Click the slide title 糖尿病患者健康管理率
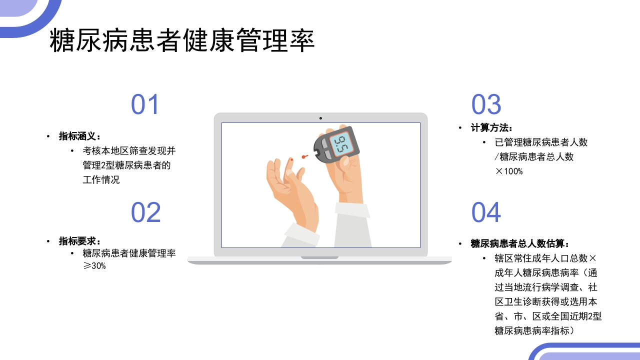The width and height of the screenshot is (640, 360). click(x=182, y=41)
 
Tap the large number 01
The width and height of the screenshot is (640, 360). click(x=145, y=105)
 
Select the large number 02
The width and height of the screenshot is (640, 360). click(x=145, y=212)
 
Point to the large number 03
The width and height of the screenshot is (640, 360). click(x=486, y=105)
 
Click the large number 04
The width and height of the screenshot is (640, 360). click(x=486, y=212)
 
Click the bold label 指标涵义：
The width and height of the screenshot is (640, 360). click(x=80, y=136)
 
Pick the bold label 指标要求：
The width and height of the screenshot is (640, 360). click(x=80, y=241)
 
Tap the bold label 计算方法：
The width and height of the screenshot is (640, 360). click(x=491, y=128)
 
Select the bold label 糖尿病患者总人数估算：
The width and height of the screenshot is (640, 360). click(x=520, y=243)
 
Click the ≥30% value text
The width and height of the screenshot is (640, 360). click(x=94, y=266)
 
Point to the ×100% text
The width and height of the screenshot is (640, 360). click(x=508, y=171)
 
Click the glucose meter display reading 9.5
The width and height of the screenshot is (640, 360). click(x=342, y=144)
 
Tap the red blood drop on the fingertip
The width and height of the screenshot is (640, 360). click(x=291, y=160)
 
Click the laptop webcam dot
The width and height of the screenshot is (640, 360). click(x=320, y=118)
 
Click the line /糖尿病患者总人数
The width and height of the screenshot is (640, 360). click(x=534, y=156)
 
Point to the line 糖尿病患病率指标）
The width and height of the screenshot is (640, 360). click(x=534, y=330)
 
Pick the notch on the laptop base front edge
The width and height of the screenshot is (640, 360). click(x=320, y=258)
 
